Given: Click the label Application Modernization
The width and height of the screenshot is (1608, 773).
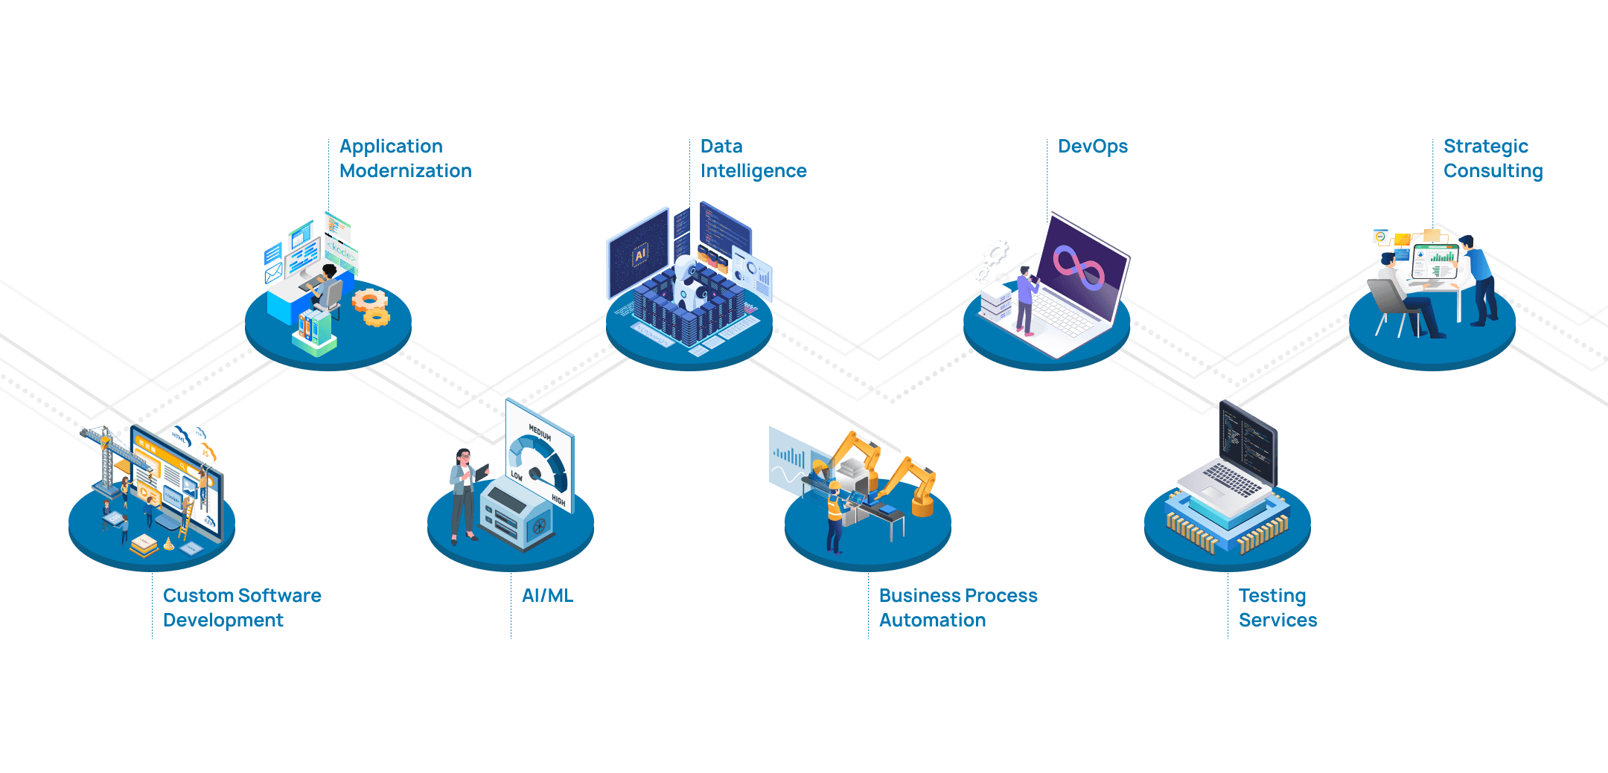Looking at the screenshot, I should [x=405, y=158].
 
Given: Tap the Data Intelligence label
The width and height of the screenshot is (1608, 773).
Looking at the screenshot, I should [x=753, y=158].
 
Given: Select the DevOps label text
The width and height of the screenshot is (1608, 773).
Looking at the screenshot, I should [x=1092, y=147].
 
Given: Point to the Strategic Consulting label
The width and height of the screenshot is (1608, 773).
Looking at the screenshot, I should [x=1492, y=158].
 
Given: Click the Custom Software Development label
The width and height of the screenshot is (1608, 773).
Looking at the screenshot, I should [x=241, y=607].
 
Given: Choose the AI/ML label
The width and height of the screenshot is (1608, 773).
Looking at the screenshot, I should [x=547, y=596].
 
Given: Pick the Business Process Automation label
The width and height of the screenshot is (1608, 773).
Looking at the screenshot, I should [x=957, y=607].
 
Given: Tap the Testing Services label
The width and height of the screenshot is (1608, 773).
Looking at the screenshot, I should [x=1277, y=607].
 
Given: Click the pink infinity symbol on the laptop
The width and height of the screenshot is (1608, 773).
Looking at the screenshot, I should [x=1078, y=268].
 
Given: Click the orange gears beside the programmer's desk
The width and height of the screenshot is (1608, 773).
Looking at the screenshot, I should [x=371, y=307].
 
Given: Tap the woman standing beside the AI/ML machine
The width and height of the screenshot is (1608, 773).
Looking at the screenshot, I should [x=463, y=494].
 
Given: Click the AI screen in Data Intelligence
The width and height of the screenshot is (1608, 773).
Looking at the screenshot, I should [x=638, y=254].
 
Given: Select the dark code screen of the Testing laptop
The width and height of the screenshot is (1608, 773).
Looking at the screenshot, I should [x=1247, y=443].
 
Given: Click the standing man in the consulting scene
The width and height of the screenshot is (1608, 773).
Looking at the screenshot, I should [x=1478, y=278].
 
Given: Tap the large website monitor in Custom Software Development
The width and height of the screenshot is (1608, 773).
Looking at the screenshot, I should [x=177, y=480].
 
